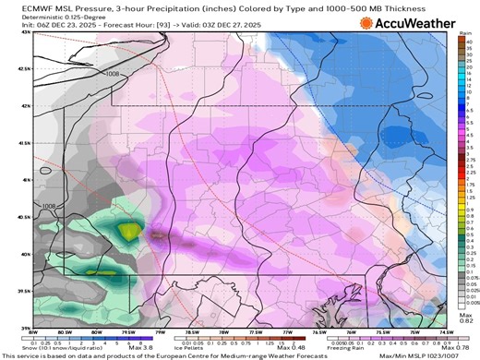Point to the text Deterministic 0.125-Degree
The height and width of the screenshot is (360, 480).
click(x=43, y=17)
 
